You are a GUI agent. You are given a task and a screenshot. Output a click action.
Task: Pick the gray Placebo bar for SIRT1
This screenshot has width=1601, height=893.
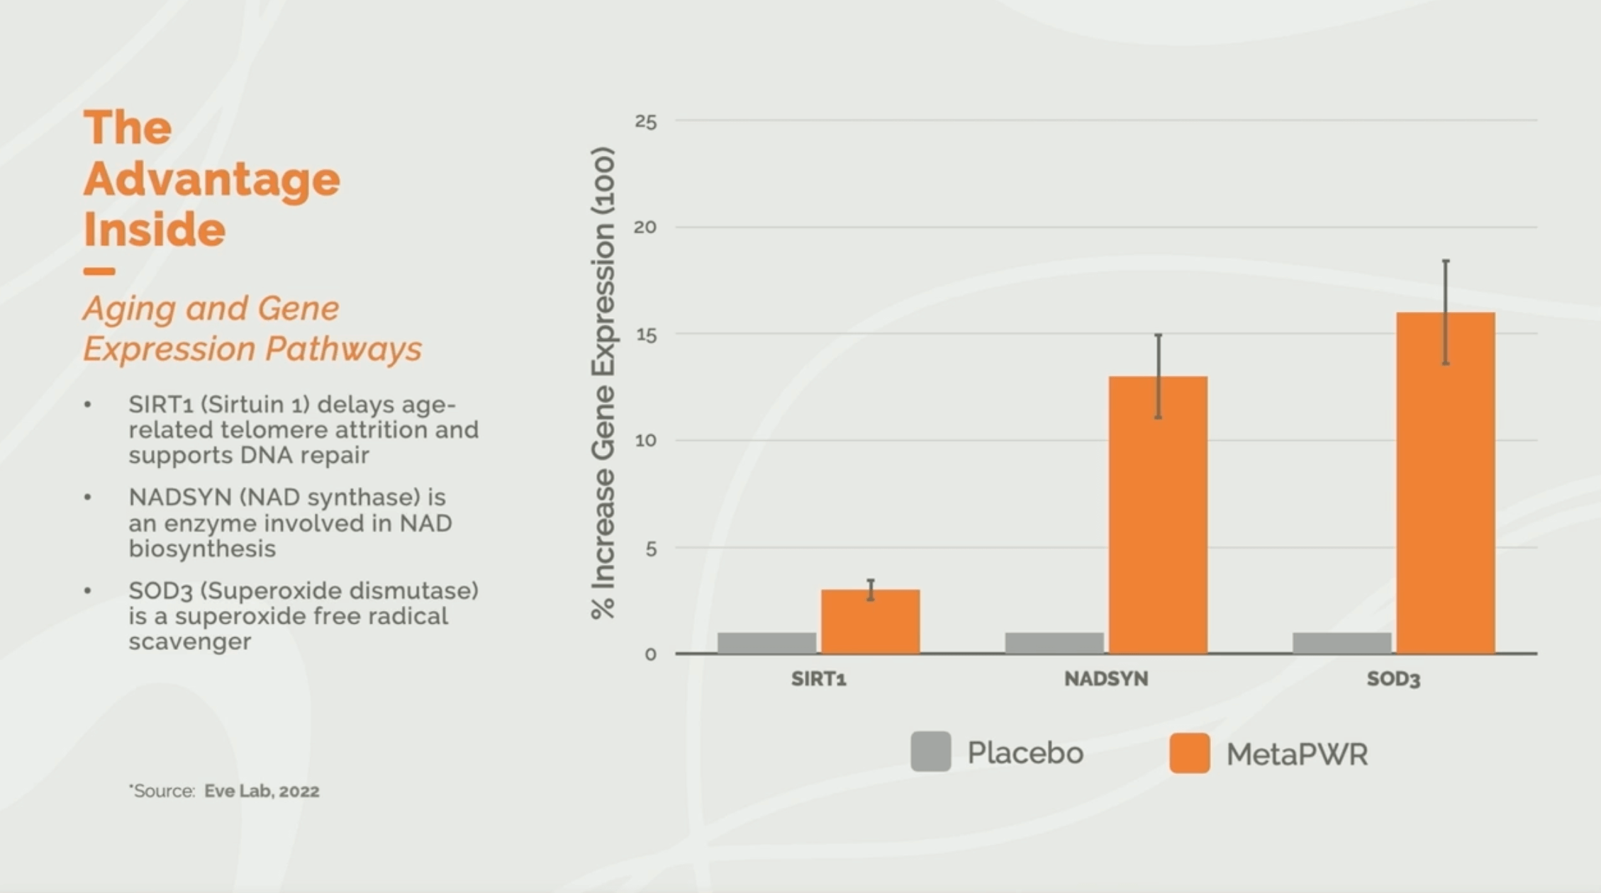766,643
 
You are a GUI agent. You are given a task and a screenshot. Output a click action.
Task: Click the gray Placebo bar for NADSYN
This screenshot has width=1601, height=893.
1054,643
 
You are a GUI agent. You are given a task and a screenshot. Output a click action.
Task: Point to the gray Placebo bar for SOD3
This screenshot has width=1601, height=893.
1341,643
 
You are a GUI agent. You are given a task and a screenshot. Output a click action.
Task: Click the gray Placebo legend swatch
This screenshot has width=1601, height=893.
930,752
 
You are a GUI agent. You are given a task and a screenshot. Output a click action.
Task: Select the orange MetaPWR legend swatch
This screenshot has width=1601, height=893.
1189,753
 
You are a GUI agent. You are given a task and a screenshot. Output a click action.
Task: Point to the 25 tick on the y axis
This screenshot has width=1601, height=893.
645,122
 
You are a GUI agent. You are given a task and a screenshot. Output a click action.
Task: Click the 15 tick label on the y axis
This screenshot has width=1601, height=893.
645,335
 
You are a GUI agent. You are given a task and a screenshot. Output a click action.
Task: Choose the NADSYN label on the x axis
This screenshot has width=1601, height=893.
1105,679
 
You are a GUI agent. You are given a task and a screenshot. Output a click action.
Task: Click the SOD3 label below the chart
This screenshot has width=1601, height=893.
1393,679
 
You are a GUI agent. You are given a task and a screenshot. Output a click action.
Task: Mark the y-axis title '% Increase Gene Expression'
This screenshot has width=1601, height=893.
603,383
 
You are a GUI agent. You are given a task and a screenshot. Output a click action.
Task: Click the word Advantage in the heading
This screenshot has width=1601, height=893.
211,179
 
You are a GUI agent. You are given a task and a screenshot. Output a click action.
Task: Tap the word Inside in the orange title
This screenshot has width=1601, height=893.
154,230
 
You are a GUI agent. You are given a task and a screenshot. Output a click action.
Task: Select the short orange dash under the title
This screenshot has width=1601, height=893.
99,271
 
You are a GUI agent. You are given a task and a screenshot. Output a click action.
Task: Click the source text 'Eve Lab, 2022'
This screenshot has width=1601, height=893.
262,791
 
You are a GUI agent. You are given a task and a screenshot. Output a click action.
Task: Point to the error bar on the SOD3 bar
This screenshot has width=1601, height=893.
1445,312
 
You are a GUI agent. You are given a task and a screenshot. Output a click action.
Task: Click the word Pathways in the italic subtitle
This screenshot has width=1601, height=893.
343,349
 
